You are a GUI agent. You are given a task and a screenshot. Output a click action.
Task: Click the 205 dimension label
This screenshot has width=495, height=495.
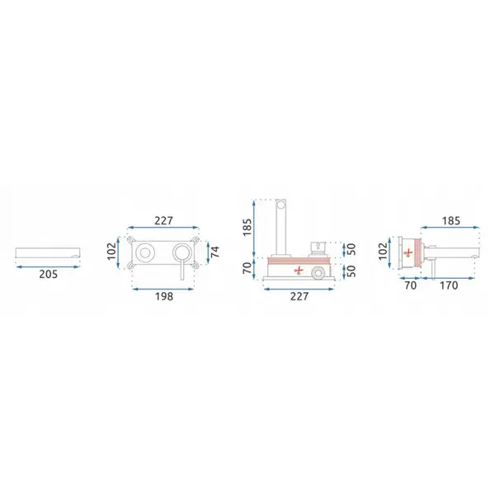pos(49,275)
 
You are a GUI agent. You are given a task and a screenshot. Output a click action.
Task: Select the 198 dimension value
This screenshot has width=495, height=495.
pos(164,296)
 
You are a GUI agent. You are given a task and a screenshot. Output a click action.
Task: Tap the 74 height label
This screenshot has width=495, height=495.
pos(214,252)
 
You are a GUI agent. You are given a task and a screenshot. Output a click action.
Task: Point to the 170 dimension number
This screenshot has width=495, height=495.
pos(449,285)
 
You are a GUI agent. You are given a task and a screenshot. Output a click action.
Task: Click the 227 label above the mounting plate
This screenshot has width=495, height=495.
pos(163,220)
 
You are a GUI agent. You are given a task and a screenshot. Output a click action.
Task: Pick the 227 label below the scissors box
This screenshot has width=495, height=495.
pos(299,296)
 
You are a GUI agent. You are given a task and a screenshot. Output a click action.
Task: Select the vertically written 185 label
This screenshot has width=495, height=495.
pos(247,227)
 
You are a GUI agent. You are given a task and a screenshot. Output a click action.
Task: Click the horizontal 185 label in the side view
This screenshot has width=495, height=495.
pos(450,220)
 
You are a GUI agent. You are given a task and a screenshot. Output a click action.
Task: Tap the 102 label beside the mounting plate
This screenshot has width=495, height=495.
pos(111,252)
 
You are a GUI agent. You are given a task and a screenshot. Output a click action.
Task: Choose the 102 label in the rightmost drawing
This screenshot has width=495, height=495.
pos(383,252)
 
